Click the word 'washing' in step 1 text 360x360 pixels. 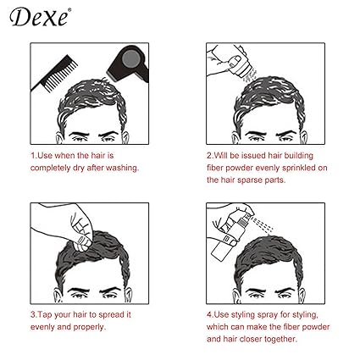click(x=119, y=168)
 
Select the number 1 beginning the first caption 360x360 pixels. click(x=32, y=156)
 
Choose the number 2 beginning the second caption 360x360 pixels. click(x=208, y=156)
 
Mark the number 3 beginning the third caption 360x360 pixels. click(x=32, y=313)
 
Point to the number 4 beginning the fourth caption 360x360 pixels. click(x=208, y=313)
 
